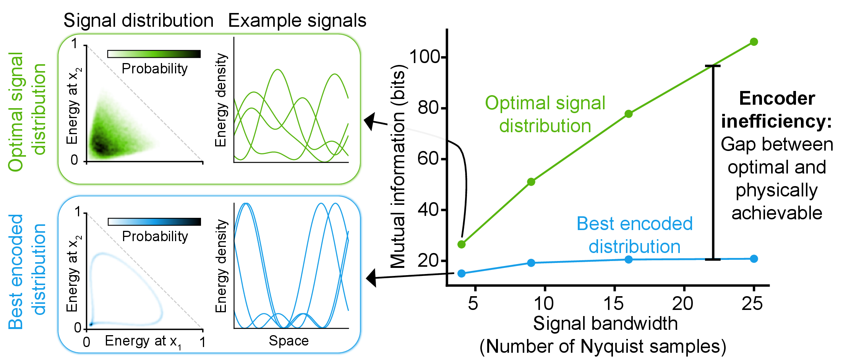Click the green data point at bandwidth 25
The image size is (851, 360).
point(754,42)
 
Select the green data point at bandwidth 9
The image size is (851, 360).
point(531,182)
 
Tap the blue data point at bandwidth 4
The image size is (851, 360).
point(461,273)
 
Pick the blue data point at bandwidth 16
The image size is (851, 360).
point(629,259)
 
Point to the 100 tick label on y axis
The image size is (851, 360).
point(425,57)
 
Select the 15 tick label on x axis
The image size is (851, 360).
point(613,304)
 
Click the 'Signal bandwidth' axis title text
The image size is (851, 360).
point(605,324)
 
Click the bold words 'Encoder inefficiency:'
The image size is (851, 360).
point(776,110)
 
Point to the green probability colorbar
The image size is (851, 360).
point(154,54)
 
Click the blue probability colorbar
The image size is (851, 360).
point(154,222)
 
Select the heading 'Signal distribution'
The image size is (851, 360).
point(138,21)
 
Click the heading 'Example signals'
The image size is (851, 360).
point(297,21)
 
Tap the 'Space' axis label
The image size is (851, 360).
point(289,341)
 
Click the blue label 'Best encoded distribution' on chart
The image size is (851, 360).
point(634,235)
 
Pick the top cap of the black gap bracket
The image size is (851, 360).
point(713,66)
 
